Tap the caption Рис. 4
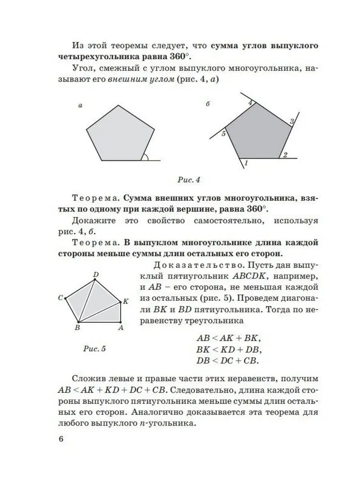188,180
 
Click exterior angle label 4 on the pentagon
251,103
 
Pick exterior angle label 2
285,155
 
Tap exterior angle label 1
246,163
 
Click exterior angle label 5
224,133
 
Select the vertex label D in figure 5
96,274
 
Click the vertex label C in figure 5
60,298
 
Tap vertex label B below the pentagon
77,328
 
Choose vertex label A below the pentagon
120,328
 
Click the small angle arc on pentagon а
146,157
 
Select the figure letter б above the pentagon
208,105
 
